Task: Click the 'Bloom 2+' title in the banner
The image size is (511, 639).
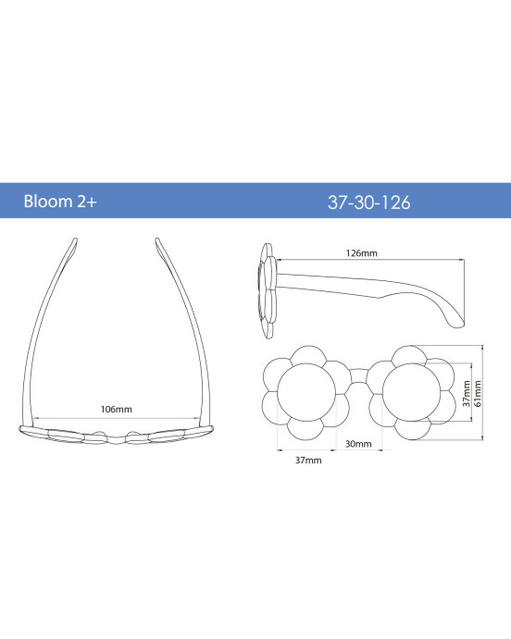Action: click(x=60, y=202)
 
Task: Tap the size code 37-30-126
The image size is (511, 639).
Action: click(x=368, y=203)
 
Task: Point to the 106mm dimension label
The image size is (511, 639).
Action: click(x=117, y=409)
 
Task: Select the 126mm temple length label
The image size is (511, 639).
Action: click(x=362, y=253)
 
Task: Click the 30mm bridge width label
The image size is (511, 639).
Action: click(x=358, y=444)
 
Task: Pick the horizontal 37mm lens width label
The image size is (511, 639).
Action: click(x=308, y=461)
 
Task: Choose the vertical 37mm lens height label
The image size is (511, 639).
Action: click(x=467, y=394)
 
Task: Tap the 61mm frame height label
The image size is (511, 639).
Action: click(x=478, y=394)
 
